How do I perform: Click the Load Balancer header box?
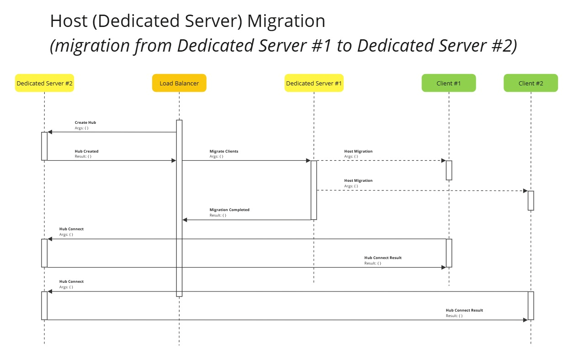coord(179,83)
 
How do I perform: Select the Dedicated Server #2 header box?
coord(44,83)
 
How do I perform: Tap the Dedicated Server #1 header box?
coord(314,83)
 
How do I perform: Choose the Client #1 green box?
coord(448,83)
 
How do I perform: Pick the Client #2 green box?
coord(531,83)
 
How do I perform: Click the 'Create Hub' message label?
coord(85,123)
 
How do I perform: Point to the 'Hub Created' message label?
coord(86,151)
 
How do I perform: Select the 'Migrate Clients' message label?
coord(224,151)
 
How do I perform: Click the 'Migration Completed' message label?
coord(229,210)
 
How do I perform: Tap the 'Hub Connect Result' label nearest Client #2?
coord(464,310)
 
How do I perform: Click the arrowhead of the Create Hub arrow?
coord(50,132)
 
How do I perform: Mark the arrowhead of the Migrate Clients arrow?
coord(308,160)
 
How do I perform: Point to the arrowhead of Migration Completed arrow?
coord(185,220)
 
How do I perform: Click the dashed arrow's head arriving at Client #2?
coord(525,191)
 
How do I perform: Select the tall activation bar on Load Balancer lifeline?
coord(179,208)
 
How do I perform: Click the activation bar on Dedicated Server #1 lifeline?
coord(314,190)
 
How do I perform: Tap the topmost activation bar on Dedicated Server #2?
coord(44,146)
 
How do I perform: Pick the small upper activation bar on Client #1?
coord(449,170)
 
